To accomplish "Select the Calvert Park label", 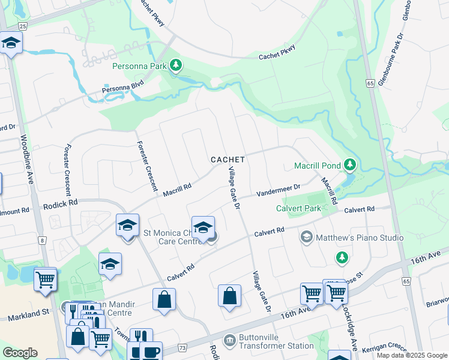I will pyautogui.click(x=299, y=209).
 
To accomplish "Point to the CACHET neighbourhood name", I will pyautogui.click(x=228, y=160).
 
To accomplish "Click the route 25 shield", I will pyautogui.click(x=23, y=26).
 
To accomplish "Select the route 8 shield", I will pyautogui.click(x=42, y=241).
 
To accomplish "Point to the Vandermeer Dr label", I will pyautogui.click(x=277, y=191).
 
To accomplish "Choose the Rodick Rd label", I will pyautogui.click(x=60, y=205).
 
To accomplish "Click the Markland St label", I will pyautogui.click(x=29, y=313).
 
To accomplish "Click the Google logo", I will pyautogui.click(x=20, y=353).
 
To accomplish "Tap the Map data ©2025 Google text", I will pyautogui.click(x=411, y=355).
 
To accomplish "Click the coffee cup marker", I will pyautogui.click(x=152, y=350).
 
